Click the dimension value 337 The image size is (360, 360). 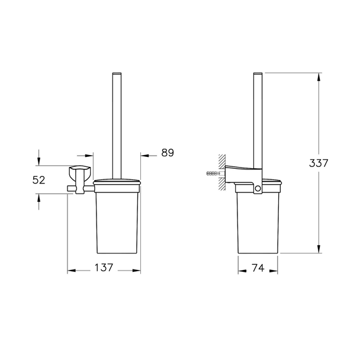[319, 163]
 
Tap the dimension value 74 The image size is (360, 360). [258, 268]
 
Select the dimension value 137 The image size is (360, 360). [104, 268]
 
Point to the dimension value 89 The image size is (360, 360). [168, 153]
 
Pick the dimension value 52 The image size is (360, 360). [39, 180]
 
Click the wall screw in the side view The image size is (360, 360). [213, 173]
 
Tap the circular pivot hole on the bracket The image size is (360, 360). [258, 189]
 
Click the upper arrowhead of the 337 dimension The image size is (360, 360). [319, 77]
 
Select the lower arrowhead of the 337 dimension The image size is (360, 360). [319, 249]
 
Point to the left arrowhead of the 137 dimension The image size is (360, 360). [72, 271]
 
